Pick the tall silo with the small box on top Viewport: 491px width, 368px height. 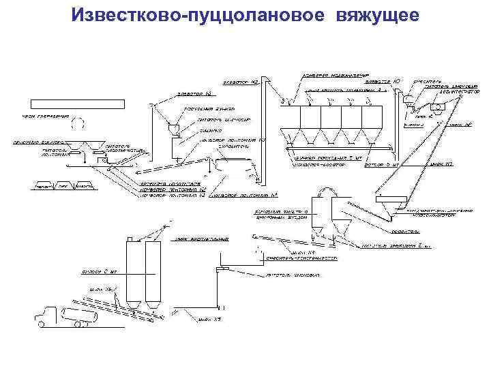pos(132,273)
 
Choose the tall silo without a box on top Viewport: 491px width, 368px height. pos(153,273)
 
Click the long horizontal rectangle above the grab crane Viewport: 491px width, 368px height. pos(66,104)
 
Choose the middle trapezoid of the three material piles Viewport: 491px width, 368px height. pos(63,185)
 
